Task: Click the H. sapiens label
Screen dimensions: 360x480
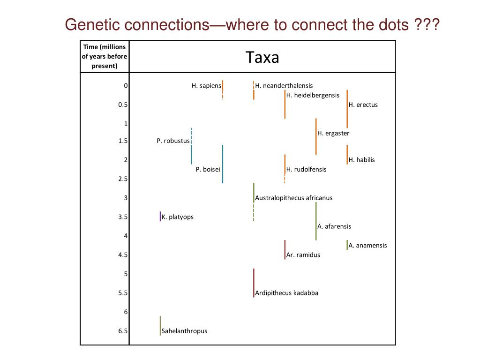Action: point(206,86)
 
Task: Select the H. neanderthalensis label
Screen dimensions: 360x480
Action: point(284,86)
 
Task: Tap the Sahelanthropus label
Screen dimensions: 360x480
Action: point(184,331)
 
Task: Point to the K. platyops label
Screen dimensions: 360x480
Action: point(178,217)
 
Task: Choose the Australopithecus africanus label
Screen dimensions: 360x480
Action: point(293,198)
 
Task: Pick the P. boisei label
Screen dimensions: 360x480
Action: point(208,169)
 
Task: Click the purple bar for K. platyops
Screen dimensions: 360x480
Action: point(160,216)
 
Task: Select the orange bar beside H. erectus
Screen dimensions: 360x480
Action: point(347,109)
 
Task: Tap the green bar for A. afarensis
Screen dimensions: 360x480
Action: point(316,221)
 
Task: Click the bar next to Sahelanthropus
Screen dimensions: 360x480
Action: point(160,325)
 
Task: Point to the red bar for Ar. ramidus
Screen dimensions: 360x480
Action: point(285,249)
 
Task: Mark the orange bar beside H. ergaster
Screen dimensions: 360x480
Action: point(316,136)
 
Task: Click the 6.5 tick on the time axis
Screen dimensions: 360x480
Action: point(123,331)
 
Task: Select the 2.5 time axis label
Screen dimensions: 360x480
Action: point(123,179)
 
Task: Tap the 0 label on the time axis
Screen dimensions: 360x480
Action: point(126,86)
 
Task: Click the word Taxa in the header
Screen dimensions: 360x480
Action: point(262,58)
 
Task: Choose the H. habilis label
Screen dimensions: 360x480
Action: point(361,160)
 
